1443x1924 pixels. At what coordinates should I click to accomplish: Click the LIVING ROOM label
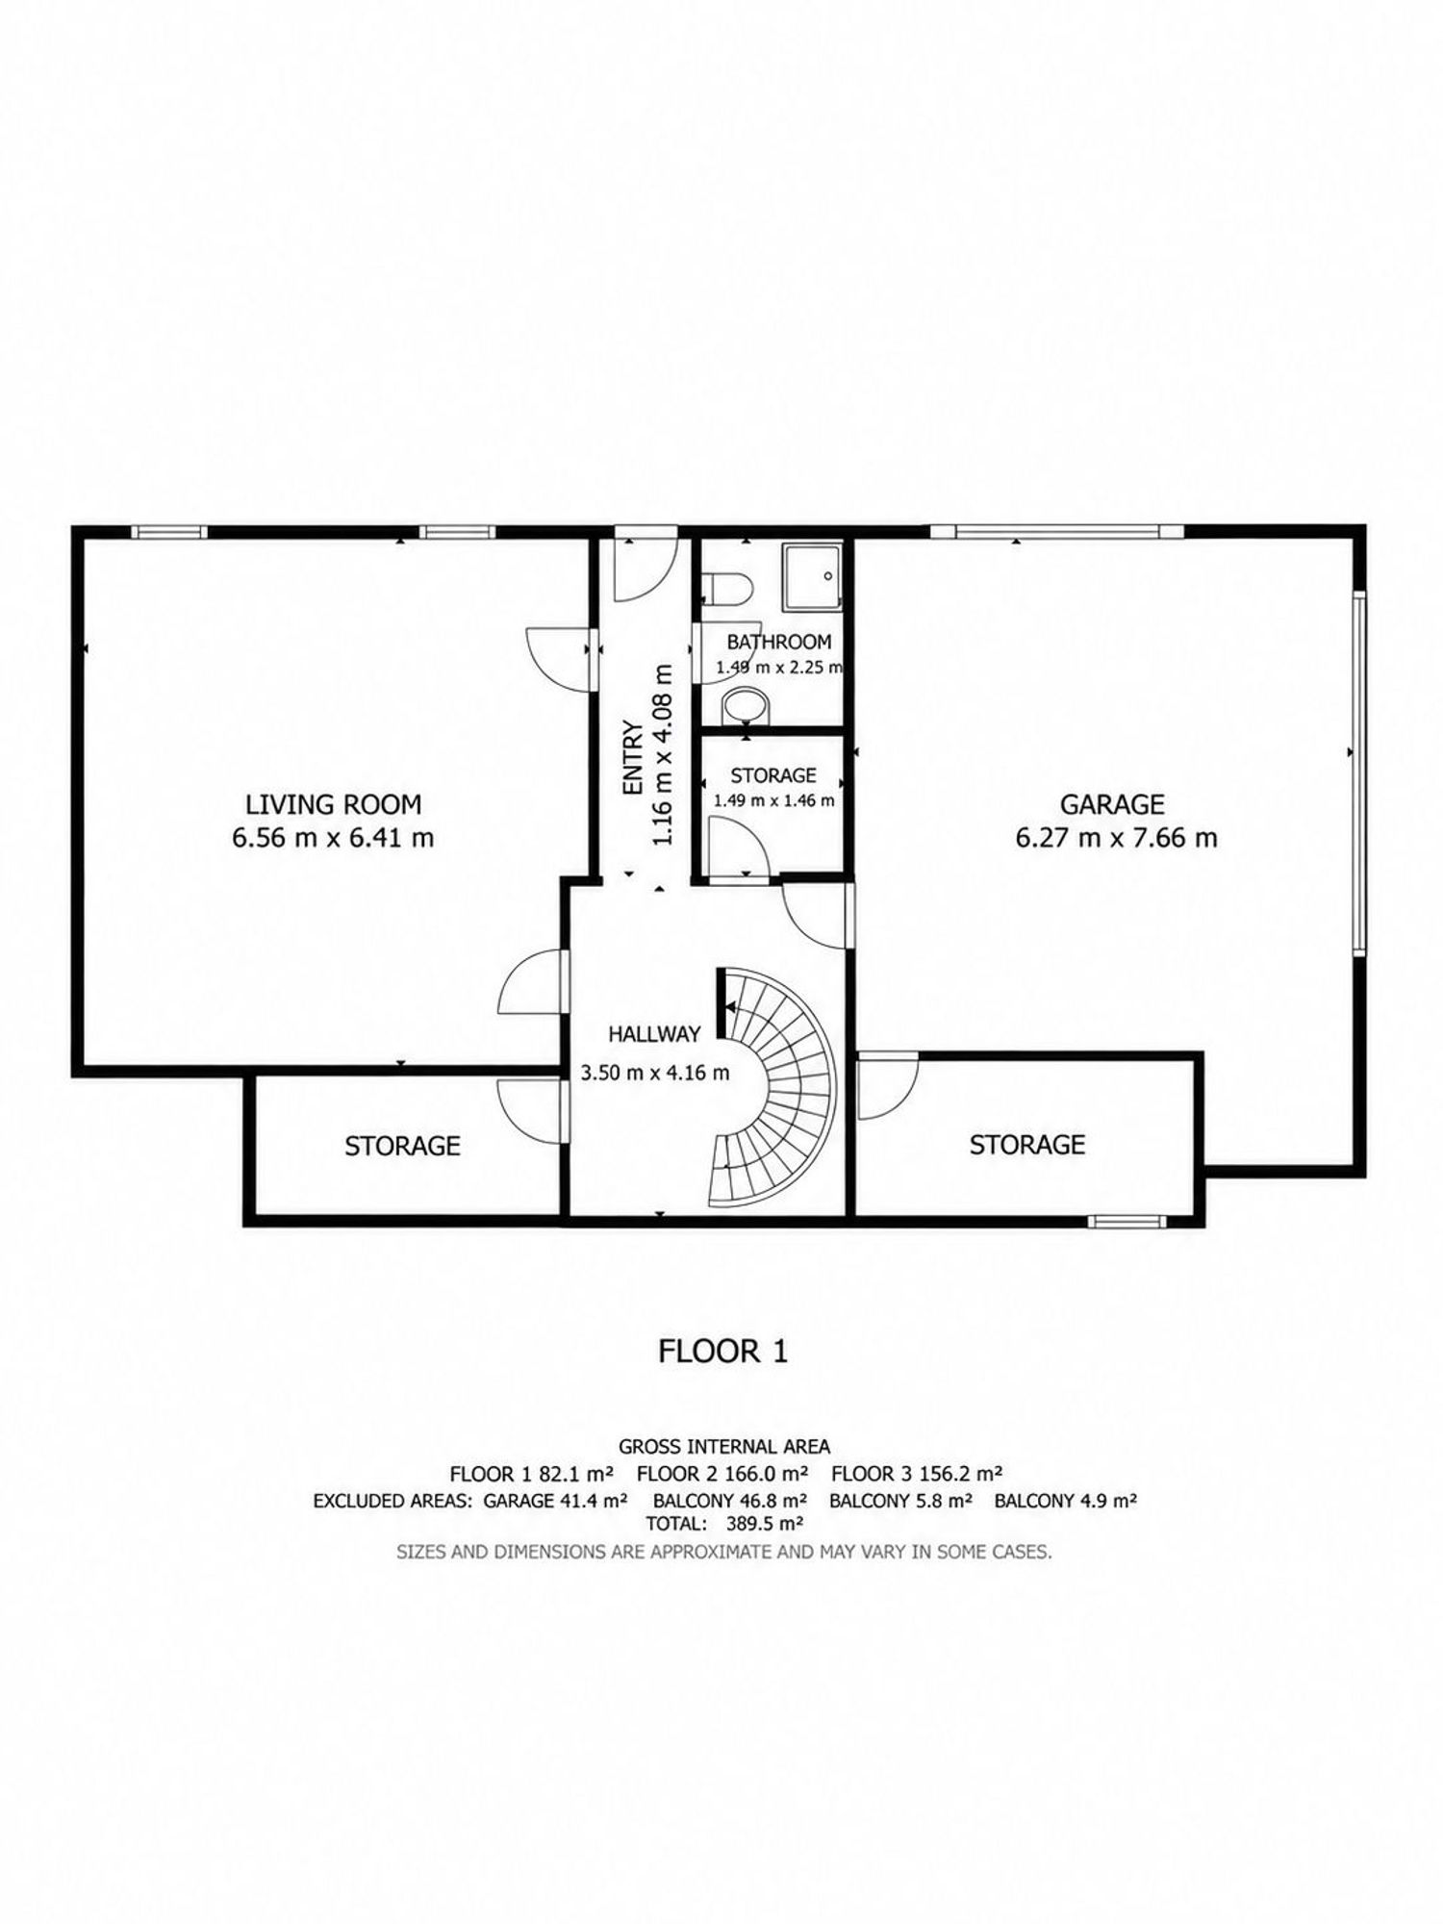point(333,804)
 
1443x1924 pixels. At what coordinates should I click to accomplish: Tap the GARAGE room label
point(1112,804)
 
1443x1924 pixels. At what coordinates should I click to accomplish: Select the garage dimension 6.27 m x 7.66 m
point(1116,838)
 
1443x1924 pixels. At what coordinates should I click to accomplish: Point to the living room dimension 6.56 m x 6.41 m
point(333,838)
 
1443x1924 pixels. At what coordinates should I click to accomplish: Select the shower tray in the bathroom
point(813,576)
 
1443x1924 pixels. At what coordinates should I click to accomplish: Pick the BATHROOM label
point(778,643)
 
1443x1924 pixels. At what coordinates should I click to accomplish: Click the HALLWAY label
point(654,1034)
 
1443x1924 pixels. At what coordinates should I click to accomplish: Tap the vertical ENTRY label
point(632,758)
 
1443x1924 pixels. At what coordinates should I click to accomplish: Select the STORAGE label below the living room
point(402,1146)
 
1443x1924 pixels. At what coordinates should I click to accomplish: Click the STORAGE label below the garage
point(1027,1145)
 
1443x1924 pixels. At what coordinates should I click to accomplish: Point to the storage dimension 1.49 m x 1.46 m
point(773,800)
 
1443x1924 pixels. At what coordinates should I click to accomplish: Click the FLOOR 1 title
point(722,1352)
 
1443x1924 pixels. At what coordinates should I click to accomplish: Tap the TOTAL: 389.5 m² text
point(724,1523)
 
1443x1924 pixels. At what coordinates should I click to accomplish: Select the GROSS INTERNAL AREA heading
point(724,1446)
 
